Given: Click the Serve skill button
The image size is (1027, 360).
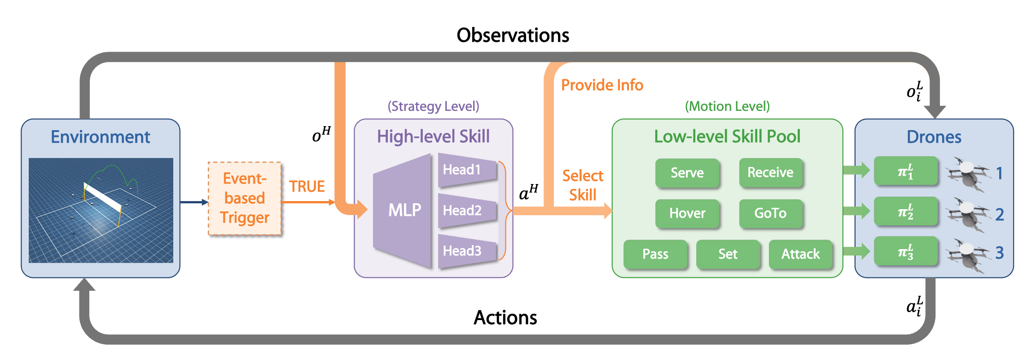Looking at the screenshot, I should pyautogui.click(x=687, y=173).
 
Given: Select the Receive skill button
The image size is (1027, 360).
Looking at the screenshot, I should pyautogui.click(x=770, y=172).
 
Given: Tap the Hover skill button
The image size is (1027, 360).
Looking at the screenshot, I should pyautogui.click(x=687, y=213).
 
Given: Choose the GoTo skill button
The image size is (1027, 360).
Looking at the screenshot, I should pyautogui.click(x=770, y=213).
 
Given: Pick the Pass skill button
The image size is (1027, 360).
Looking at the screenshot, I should pyautogui.click(x=655, y=254).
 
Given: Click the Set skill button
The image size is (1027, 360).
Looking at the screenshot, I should pyautogui.click(x=728, y=254).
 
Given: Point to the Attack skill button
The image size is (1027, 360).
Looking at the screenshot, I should pyautogui.click(x=800, y=254).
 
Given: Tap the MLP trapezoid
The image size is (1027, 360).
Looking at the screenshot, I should pyautogui.click(x=403, y=210).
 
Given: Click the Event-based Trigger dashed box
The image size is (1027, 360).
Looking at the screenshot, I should pyautogui.click(x=245, y=198).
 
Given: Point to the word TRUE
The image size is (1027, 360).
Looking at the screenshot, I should pyautogui.click(x=307, y=186).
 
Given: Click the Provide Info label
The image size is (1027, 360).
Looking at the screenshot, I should pyautogui.click(x=602, y=85).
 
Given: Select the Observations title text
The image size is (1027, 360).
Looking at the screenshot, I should pyautogui.click(x=513, y=35).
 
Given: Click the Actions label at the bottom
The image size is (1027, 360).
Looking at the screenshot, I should pyautogui.click(x=505, y=318).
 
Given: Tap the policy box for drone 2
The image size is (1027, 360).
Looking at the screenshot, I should pyautogui.click(x=905, y=211).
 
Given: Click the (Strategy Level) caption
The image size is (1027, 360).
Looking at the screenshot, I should pyautogui.click(x=433, y=106).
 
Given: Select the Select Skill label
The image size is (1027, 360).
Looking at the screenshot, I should pyautogui.click(x=583, y=185).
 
